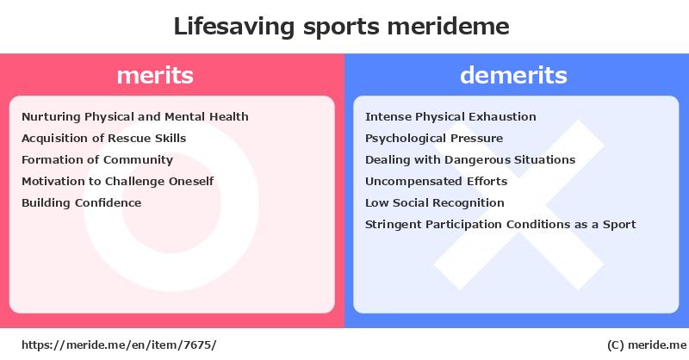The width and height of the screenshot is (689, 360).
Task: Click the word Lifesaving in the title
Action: coord(233,27)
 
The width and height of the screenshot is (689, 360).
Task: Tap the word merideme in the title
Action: coord(448,26)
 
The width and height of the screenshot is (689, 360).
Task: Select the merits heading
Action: coord(155,75)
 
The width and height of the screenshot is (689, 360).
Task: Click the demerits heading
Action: coord(513,75)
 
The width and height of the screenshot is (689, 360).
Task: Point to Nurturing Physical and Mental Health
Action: coord(135,117)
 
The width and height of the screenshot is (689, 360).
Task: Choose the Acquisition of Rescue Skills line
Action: coord(103,139)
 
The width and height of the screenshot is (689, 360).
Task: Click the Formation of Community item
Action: coord(97,160)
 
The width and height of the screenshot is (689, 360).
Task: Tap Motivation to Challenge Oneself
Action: coord(118,182)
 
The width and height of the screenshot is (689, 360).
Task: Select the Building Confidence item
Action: coord(81,203)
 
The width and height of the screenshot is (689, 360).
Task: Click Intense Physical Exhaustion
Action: coord(450,117)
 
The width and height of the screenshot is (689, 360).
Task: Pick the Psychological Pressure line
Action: coord(434,139)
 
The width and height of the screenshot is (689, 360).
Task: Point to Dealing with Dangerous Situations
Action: coord(470,160)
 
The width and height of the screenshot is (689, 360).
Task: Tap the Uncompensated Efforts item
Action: coord(437,182)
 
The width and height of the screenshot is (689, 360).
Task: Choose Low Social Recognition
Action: coord(435,203)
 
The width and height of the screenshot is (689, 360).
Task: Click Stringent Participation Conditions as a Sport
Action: coord(500,225)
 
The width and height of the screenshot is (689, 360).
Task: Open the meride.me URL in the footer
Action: coord(119,345)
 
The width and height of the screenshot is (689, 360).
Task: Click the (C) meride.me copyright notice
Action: coord(647,345)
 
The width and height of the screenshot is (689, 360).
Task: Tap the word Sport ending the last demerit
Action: coord(619,225)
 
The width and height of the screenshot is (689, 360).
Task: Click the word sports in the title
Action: coord(340,28)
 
